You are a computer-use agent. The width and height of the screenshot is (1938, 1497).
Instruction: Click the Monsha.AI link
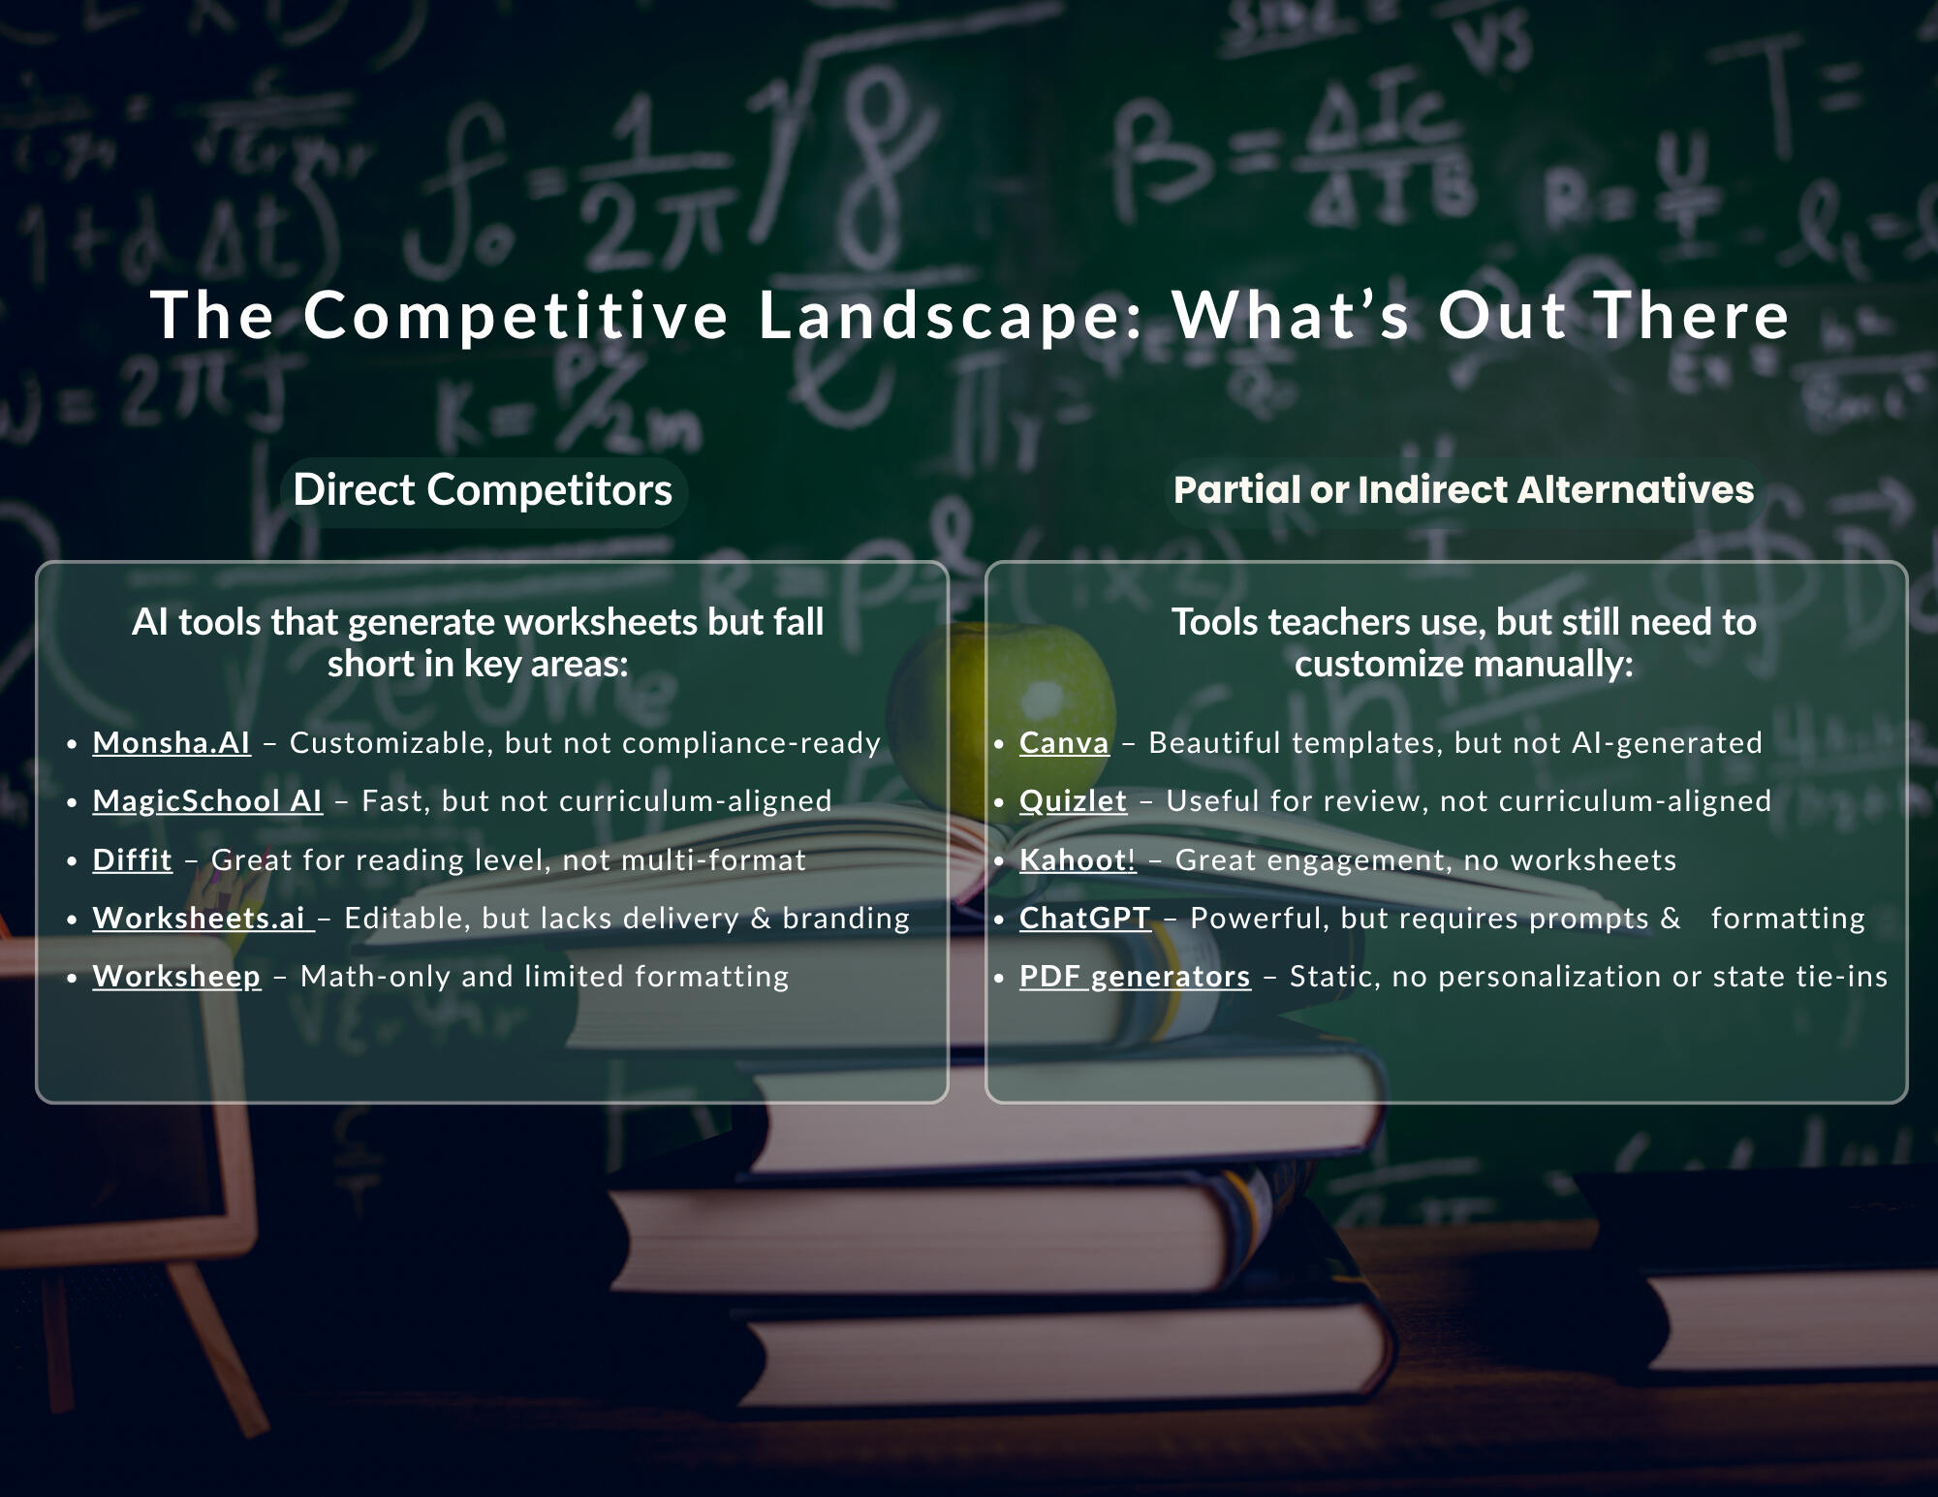point(172,743)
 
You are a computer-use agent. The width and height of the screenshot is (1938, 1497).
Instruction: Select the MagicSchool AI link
point(207,801)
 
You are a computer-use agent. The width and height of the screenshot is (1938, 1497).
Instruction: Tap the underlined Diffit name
point(133,860)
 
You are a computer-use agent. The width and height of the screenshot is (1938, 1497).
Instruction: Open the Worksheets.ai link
point(203,919)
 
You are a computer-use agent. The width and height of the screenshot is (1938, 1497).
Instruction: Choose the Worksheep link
point(176,977)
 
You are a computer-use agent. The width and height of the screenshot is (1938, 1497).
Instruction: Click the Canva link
point(1064,743)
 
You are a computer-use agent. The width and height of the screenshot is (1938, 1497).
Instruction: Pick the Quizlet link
point(1073,801)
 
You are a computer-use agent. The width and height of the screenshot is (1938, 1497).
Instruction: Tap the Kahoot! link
point(1078,860)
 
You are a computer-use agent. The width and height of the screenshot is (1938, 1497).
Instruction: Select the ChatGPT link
point(1084,919)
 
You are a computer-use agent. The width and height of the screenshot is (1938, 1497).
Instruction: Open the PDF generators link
point(1135,977)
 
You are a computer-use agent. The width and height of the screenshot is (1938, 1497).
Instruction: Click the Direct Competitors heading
point(483,490)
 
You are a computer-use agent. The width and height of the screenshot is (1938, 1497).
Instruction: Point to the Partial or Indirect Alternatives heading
point(1463,490)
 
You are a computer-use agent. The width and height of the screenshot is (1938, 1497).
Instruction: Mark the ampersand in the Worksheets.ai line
point(761,919)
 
